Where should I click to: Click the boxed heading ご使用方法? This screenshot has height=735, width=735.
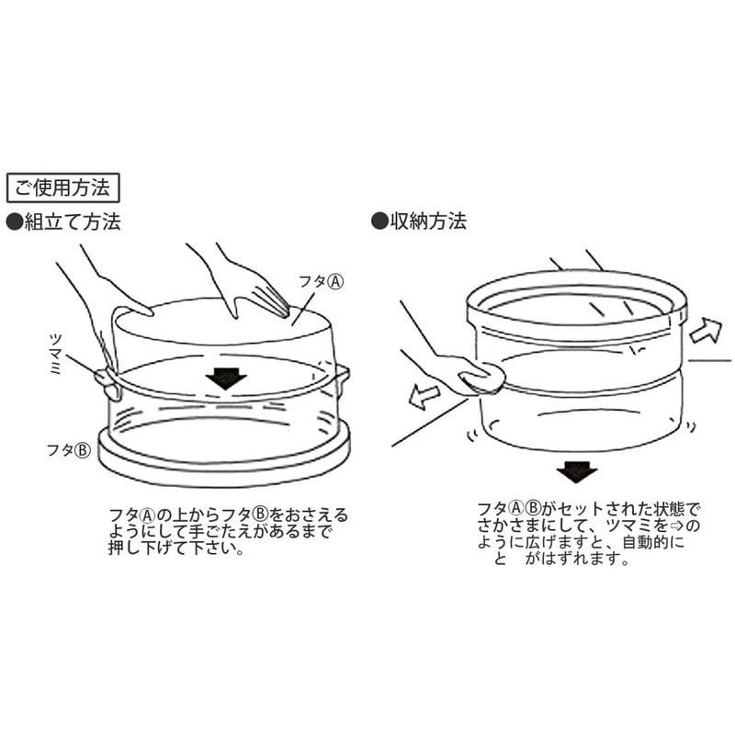(x=62, y=187)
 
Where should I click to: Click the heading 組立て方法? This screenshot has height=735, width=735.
(x=73, y=221)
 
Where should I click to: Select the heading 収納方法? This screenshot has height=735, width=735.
(x=428, y=220)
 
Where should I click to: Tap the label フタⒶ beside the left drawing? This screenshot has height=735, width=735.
(x=321, y=281)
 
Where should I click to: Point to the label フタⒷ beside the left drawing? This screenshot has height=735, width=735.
(x=68, y=450)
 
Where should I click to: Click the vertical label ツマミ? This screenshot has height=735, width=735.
(x=55, y=354)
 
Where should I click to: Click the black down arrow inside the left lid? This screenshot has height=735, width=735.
(x=226, y=379)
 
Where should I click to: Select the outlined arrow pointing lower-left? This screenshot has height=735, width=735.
(x=424, y=396)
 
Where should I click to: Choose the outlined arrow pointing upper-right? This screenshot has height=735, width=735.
(x=706, y=330)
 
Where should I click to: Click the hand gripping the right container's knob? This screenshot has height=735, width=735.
(x=473, y=374)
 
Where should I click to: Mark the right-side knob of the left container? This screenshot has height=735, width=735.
(x=342, y=378)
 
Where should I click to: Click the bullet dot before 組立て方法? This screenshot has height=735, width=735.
(x=15, y=222)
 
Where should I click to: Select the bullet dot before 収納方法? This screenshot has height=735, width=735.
(x=379, y=220)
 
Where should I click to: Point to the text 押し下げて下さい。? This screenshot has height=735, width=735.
(x=176, y=548)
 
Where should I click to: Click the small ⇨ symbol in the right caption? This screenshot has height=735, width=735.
(x=677, y=525)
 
